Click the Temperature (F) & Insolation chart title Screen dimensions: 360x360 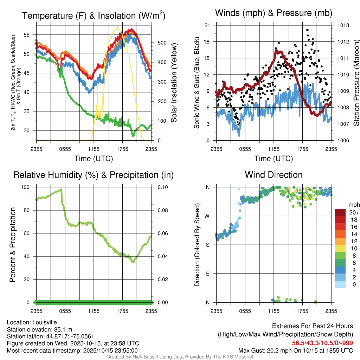pos(94,16)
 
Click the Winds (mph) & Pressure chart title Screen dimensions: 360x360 pos(274,13)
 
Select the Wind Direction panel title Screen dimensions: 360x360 pos(274,175)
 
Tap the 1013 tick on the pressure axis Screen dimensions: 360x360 pos(343,25)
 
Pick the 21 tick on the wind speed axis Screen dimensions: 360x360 pos(207,25)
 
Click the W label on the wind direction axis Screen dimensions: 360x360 pos(208,216)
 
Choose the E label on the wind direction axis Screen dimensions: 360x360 pos(208,274)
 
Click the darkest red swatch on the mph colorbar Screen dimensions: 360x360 pos(340,212)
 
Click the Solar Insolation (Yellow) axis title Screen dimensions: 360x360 pos(174,83)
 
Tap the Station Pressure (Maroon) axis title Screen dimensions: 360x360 pos(356,83)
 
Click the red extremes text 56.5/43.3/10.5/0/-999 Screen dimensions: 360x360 pos(322,343)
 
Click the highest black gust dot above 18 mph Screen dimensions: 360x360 pos(307,30)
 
